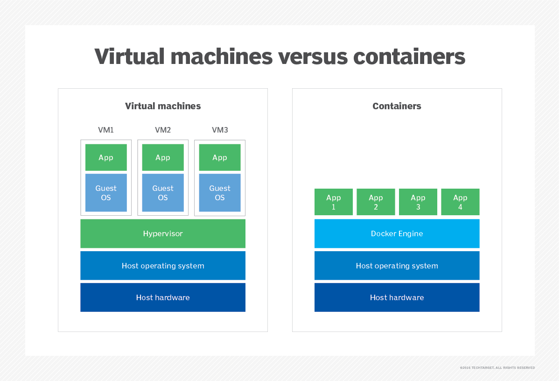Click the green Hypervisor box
pos(163,233)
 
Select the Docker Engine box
pos(397,233)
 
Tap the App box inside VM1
pos(106,157)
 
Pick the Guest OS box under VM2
pos(163,193)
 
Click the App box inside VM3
pos(220,157)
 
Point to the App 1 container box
pos(334,202)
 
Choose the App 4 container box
pos(460,202)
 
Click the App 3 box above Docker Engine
pos(418,202)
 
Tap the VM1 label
pos(106,130)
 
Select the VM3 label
pos(220,130)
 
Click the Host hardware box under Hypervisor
pos(163,297)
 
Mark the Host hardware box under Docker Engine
pos(397,297)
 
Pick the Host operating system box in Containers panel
pos(397,266)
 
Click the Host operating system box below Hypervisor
pos(163,266)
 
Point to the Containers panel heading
pos(397,106)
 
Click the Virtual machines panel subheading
pos(163,106)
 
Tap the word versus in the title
pos(313,56)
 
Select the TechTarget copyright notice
pos(497,368)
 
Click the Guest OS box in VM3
pos(220,193)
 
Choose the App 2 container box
pos(376,202)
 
